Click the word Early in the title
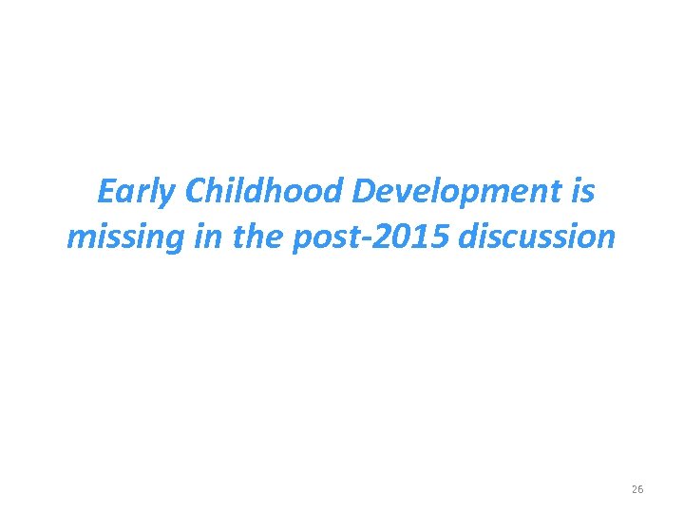pyautogui.click(x=138, y=193)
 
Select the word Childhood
pyautogui.click(x=265, y=192)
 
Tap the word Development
pyautogui.click(x=460, y=193)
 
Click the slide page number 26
pyautogui.click(x=637, y=489)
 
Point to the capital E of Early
pyautogui.click(x=107, y=192)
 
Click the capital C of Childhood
pyautogui.click(x=197, y=192)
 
